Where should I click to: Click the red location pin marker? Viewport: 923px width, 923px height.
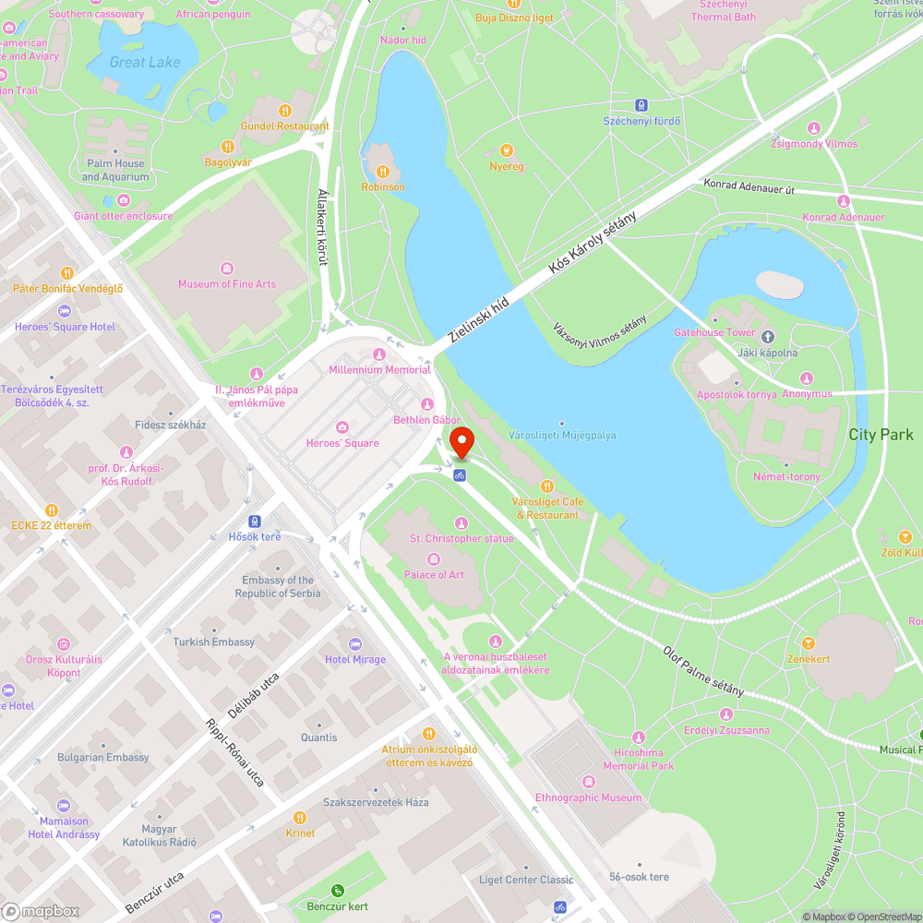coord(461,444)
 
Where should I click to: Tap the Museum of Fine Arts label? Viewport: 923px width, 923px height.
coord(227,284)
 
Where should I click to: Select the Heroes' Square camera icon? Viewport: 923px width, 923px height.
coord(342,426)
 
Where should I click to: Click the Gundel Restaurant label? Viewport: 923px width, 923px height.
coord(284,126)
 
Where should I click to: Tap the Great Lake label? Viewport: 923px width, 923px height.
coord(145,63)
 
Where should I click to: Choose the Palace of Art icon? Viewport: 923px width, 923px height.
coord(434,558)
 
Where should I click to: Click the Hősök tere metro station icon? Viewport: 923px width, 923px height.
coord(255,521)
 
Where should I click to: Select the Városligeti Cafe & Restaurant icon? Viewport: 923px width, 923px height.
coord(547,485)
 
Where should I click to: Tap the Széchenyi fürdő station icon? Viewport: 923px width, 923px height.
coord(642,105)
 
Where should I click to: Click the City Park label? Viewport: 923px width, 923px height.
coord(881,434)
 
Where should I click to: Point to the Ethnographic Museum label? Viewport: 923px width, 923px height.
coord(588,797)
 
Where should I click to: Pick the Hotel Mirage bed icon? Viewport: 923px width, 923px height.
coord(355,643)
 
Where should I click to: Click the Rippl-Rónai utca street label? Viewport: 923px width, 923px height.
coord(234,753)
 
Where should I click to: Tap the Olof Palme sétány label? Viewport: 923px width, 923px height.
coord(703,671)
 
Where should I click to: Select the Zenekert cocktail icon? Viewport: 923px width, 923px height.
coord(809,643)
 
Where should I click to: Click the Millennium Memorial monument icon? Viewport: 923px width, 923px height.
coord(378,354)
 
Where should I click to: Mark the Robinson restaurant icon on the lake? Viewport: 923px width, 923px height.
coord(383,171)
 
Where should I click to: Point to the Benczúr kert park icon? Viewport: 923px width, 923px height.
coord(337,891)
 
